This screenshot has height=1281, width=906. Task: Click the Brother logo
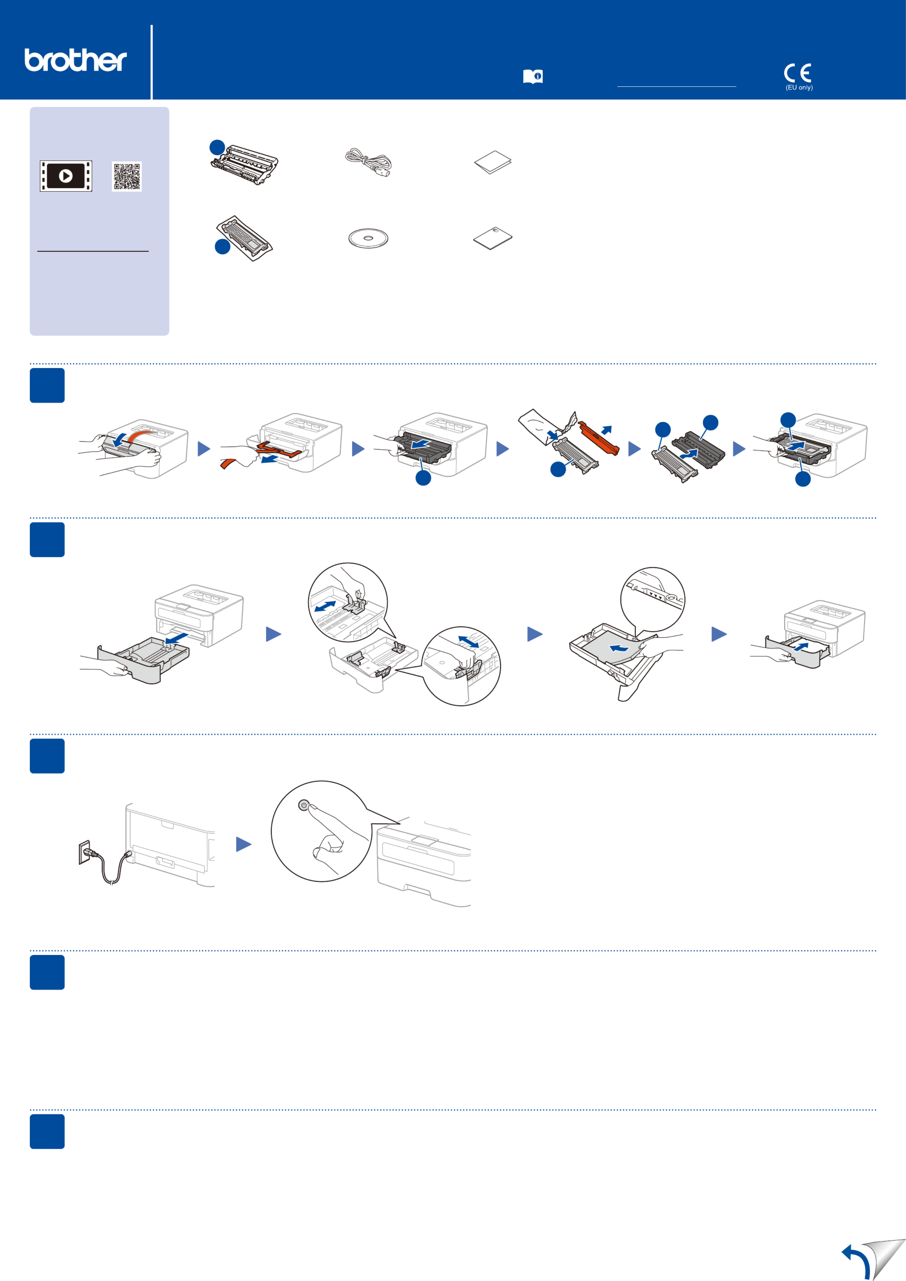coord(75,60)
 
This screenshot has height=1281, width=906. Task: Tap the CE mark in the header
coord(797,73)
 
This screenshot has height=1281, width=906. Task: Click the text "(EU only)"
coord(799,88)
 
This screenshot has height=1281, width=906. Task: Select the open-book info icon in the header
coord(533,76)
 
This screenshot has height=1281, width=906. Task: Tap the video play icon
coord(66,176)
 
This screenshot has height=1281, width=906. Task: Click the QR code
coord(127,176)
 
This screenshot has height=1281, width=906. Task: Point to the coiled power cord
coord(368,162)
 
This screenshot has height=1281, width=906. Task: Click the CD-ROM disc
coord(368,239)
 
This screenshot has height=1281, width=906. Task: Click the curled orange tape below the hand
coord(228,463)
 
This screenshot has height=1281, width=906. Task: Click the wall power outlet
coord(84,852)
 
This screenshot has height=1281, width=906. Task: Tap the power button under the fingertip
coord(303,806)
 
